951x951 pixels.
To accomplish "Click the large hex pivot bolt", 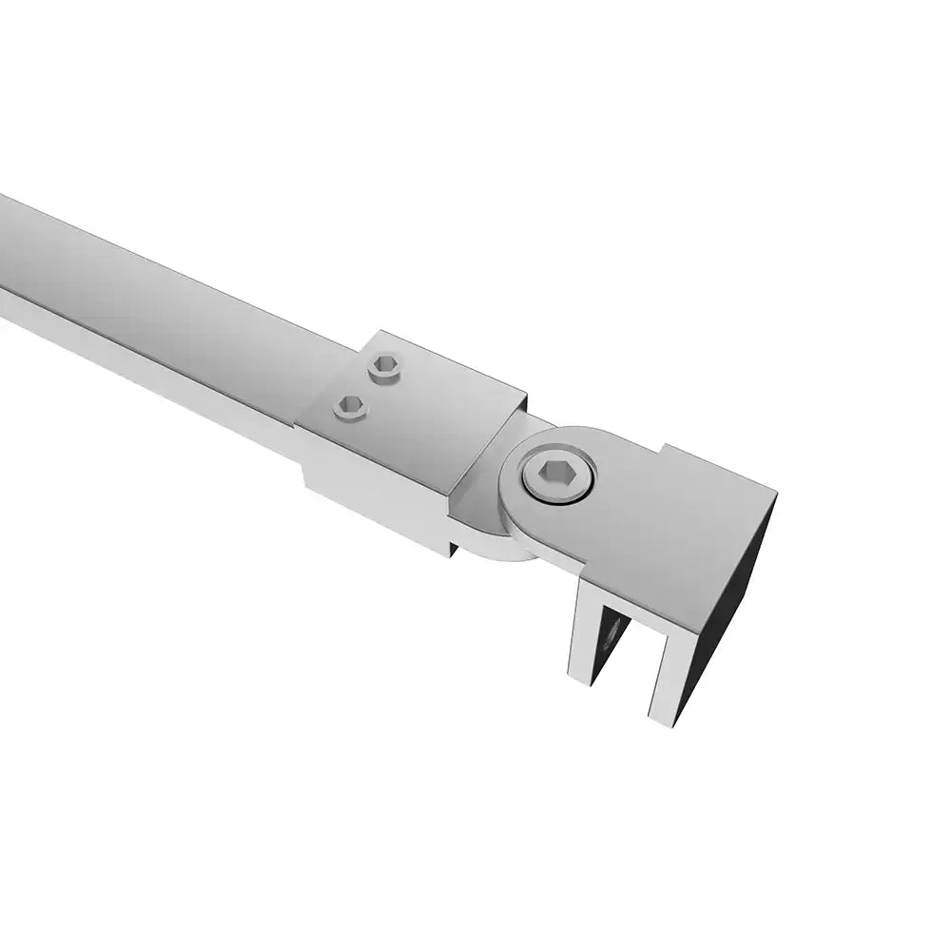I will [x=559, y=476].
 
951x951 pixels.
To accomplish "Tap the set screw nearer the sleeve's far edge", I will [x=384, y=365].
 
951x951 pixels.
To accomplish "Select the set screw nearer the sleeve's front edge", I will [x=350, y=407].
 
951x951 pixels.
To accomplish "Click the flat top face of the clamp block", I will [x=666, y=533].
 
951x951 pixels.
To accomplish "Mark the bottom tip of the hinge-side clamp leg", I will [x=580, y=675].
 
